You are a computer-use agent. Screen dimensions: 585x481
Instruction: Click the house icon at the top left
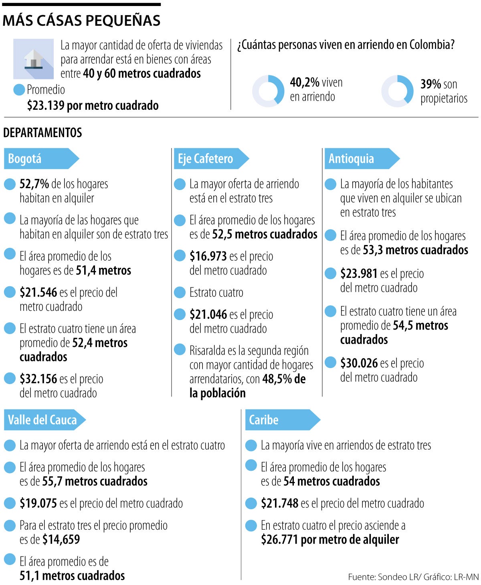pyautogui.click(x=33, y=59)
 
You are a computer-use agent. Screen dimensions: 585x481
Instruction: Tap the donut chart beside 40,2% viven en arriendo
pyautogui.click(x=268, y=91)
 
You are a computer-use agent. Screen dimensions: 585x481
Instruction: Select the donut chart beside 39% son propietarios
pyautogui.click(x=397, y=91)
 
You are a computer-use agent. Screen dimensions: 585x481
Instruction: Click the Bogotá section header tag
pyautogui.click(x=40, y=158)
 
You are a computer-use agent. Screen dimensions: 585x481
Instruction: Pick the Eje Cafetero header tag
pyautogui.click(x=210, y=158)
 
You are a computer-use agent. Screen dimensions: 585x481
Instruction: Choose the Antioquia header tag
pyautogui.click(x=361, y=158)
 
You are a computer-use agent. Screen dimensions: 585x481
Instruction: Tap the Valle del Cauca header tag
pyautogui.click(x=44, y=420)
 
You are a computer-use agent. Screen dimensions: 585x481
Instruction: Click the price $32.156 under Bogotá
pyautogui.click(x=38, y=379)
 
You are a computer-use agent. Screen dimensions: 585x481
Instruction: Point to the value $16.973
pyautogui.click(x=208, y=256)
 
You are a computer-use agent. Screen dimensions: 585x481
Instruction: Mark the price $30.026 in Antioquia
pyautogui.click(x=359, y=363)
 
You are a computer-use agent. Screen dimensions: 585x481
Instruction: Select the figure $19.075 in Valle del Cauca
pyautogui.click(x=38, y=503)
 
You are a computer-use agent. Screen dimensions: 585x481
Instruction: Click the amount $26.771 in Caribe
pyautogui.click(x=280, y=539)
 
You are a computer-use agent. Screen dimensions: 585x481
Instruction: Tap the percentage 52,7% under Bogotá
pyautogui.click(x=34, y=184)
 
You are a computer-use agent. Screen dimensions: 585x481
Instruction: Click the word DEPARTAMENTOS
pyautogui.click(x=42, y=133)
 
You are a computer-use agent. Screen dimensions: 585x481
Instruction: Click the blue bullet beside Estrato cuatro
pyautogui.click(x=180, y=292)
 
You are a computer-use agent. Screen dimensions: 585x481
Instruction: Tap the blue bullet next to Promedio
pyautogui.click(x=19, y=89)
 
